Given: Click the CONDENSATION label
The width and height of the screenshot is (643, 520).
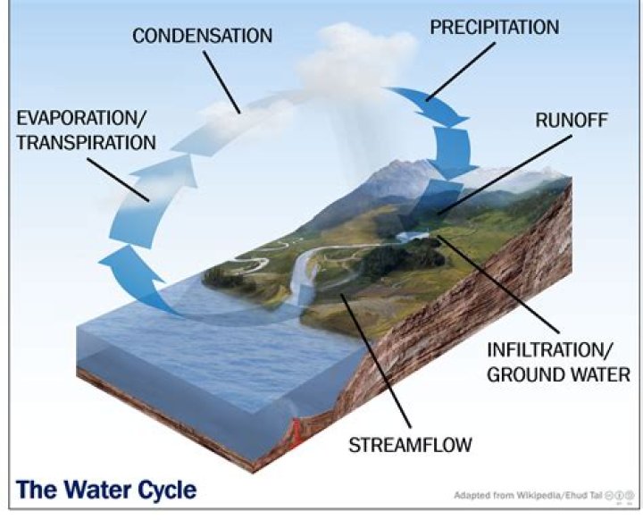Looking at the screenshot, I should (202, 36).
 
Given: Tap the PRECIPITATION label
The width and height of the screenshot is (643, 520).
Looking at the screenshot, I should (494, 27).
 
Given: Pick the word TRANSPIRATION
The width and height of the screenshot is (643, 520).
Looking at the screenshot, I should (85, 142).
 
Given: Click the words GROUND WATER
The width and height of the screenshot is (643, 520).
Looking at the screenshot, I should (558, 373).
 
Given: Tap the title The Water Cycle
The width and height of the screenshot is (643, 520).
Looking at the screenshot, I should (106, 490).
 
